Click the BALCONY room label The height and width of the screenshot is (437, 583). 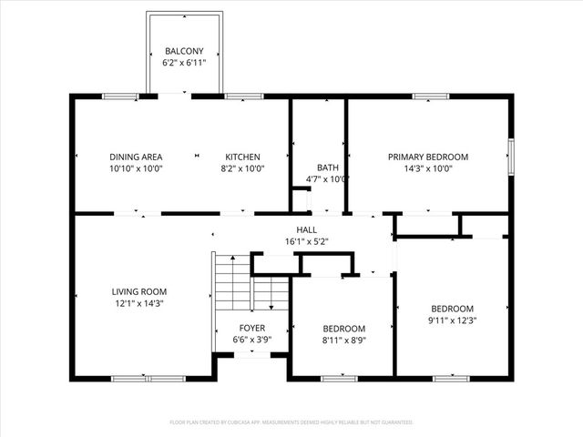click(x=184, y=51)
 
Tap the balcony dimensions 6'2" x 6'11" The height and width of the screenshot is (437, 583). click(x=184, y=64)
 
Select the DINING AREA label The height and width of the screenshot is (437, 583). click(x=136, y=157)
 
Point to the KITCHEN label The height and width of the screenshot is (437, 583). click(x=243, y=157)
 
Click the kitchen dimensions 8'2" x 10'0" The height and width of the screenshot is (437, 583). click(x=243, y=168)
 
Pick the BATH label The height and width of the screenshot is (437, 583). click(x=327, y=168)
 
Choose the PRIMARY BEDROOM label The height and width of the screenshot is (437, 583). click(x=428, y=157)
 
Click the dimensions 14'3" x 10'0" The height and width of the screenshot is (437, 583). click(x=428, y=168)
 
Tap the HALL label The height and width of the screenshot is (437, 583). click(x=305, y=229)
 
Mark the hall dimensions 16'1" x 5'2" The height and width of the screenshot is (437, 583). click(x=305, y=242)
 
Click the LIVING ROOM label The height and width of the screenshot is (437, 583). click(x=138, y=291)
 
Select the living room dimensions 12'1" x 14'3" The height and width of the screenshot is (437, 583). click(x=138, y=303)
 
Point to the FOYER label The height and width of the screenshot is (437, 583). click(x=252, y=327)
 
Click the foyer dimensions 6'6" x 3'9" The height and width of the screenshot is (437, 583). click(x=252, y=339)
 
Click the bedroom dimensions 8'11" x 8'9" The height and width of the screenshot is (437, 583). click(x=343, y=340)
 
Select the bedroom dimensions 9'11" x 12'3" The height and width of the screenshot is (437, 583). click(x=453, y=320)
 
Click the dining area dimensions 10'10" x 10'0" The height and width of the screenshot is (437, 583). click(x=136, y=168)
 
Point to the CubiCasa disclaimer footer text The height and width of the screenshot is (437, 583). click(x=291, y=422)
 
